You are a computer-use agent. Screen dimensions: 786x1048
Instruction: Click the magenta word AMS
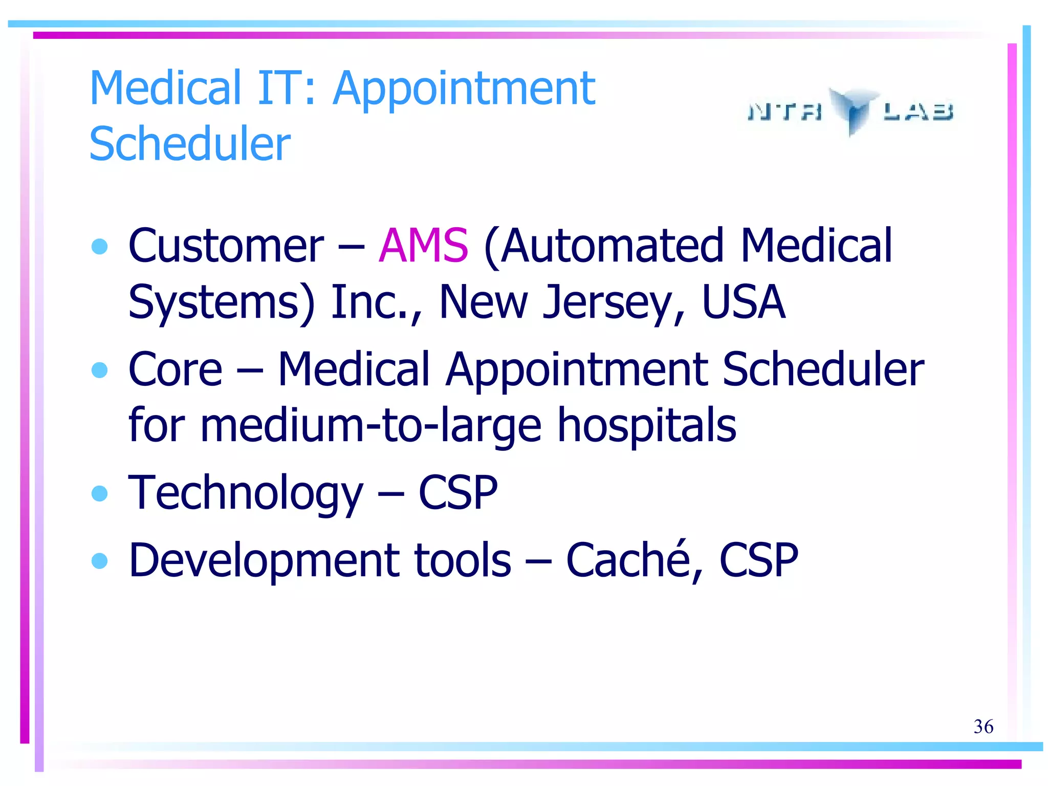423,246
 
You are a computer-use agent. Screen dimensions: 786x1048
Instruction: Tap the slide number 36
983,726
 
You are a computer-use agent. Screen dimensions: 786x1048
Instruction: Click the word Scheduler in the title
190,144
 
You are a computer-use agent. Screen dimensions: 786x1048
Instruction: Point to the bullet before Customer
99,247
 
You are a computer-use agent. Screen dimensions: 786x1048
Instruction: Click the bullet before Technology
99,493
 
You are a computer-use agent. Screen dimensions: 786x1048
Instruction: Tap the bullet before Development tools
99,560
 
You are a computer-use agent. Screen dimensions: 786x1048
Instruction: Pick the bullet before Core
99,369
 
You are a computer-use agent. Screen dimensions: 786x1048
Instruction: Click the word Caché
628,560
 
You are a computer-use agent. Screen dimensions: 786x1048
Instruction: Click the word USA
743,302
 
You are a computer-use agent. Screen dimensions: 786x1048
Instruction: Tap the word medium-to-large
370,426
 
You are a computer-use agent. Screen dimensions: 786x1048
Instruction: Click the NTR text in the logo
785,111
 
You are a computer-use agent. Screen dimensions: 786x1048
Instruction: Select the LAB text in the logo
918,111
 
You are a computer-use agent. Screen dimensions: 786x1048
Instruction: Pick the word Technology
245,493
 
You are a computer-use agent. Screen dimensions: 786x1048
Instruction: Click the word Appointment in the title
464,88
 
